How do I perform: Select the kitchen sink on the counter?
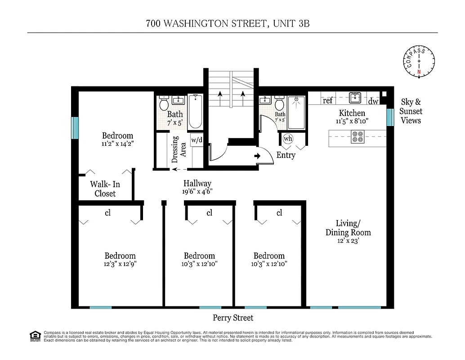[x=356, y=98]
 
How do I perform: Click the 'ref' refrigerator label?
[x=327, y=101]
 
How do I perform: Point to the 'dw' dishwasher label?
[x=374, y=101]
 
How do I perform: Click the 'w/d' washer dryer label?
[x=197, y=139]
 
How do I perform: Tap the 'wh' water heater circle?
[x=288, y=139]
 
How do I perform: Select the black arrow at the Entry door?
[x=257, y=156]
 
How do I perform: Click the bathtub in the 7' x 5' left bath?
[x=195, y=112]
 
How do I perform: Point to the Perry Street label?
[x=233, y=318]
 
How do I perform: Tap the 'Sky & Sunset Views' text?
[x=410, y=111]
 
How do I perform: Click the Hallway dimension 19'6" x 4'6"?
[x=197, y=191]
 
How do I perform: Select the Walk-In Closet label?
[x=105, y=189]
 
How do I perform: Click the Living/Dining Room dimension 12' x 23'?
[x=348, y=241]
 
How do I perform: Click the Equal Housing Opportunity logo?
[x=35, y=336]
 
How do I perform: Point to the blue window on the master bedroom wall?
[x=75, y=128]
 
